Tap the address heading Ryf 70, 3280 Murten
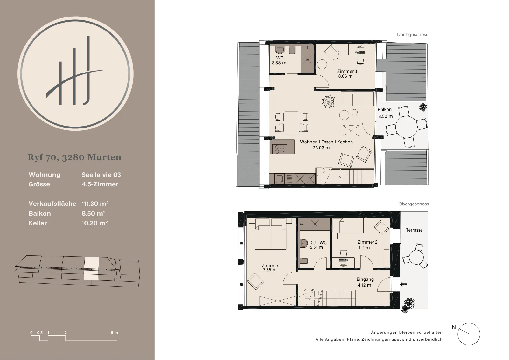74,157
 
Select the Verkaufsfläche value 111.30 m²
95,204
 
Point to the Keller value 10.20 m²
95,223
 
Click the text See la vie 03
101,175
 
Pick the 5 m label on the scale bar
115,333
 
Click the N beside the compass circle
454,327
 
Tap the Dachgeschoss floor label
412,35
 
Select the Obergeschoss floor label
414,204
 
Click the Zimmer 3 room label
347,71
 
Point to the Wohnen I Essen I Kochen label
326,142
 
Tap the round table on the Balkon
406,127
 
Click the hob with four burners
280,149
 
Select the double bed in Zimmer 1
270,234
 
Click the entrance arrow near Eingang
404,284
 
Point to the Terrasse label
414,230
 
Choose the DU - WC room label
318,243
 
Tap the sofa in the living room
357,99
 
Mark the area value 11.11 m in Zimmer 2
363,248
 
